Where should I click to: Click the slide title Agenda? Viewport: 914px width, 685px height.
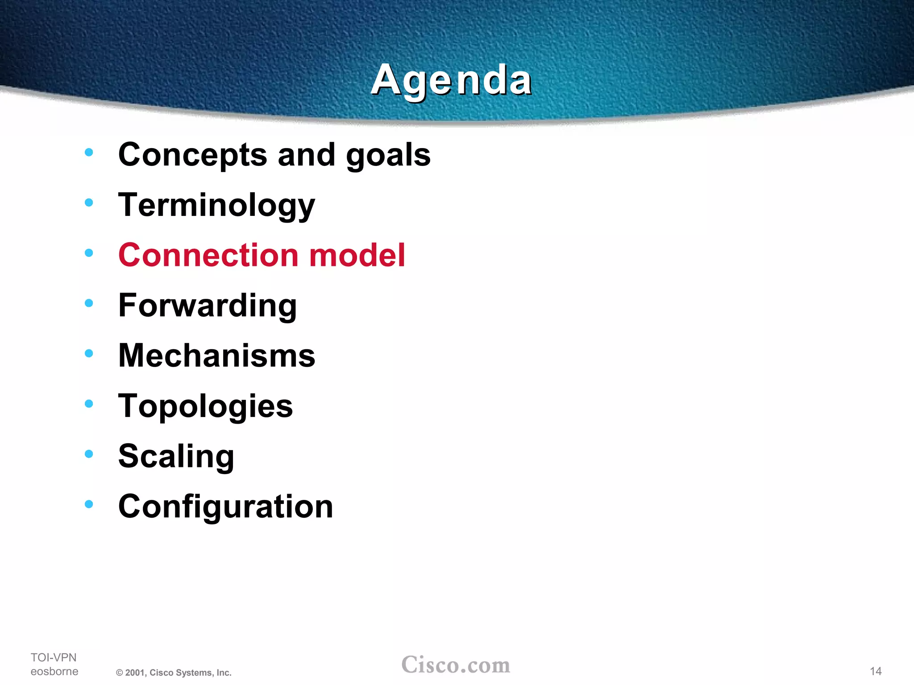point(451,80)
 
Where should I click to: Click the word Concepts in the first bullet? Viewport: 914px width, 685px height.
point(192,155)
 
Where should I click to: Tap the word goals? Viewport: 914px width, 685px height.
point(388,155)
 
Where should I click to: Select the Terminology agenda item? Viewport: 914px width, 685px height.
point(216,205)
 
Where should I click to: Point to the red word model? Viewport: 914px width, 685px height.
point(357,255)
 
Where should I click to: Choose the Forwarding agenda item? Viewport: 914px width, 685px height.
point(208,306)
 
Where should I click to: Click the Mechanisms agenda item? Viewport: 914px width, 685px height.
point(216,356)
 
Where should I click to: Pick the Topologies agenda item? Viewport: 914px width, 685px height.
point(205,406)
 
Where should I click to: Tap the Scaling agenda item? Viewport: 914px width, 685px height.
point(176,457)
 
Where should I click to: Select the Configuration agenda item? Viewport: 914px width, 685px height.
point(225,507)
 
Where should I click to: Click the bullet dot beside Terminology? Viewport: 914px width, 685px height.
point(89,202)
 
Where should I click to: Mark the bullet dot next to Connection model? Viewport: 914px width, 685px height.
point(89,253)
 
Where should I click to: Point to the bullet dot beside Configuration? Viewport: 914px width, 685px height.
point(89,504)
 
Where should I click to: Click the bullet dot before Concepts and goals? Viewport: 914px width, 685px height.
point(89,152)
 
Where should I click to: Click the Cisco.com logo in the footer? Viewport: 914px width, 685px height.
point(456,665)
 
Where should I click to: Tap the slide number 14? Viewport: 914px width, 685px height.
point(876,671)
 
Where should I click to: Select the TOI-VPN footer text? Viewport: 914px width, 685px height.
point(54,657)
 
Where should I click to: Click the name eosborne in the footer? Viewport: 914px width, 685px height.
point(54,671)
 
